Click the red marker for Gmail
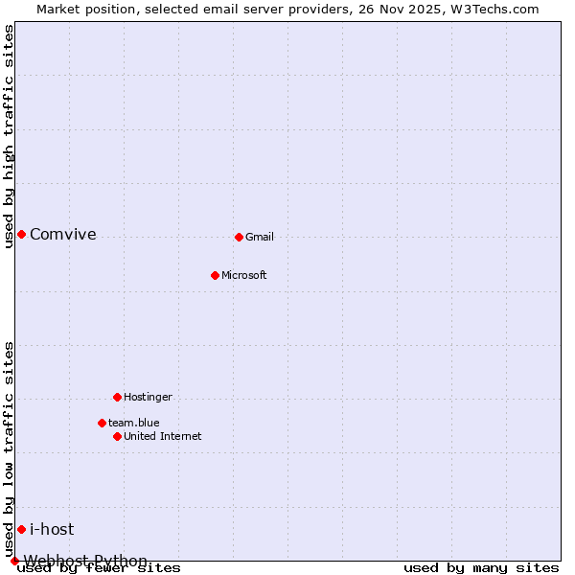(x=239, y=237)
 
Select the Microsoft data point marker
(x=215, y=275)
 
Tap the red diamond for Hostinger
(x=117, y=397)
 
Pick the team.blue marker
(x=102, y=423)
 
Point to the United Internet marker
(x=117, y=436)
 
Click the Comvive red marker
(x=21, y=234)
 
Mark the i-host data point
(x=21, y=529)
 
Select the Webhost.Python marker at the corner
(x=14, y=561)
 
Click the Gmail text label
(x=260, y=237)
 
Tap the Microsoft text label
(x=244, y=275)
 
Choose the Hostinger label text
(x=148, y=397)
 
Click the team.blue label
(x=134, y=423)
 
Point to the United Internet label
(x=163, y=436)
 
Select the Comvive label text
(x=63, y=234)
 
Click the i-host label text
(x=52, y=529)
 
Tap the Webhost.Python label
(x=86, y=561)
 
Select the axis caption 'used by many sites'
(x=481, y=568)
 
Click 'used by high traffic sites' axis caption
(x=9, y=136)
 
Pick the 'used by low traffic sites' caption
(x=9, y=448)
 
